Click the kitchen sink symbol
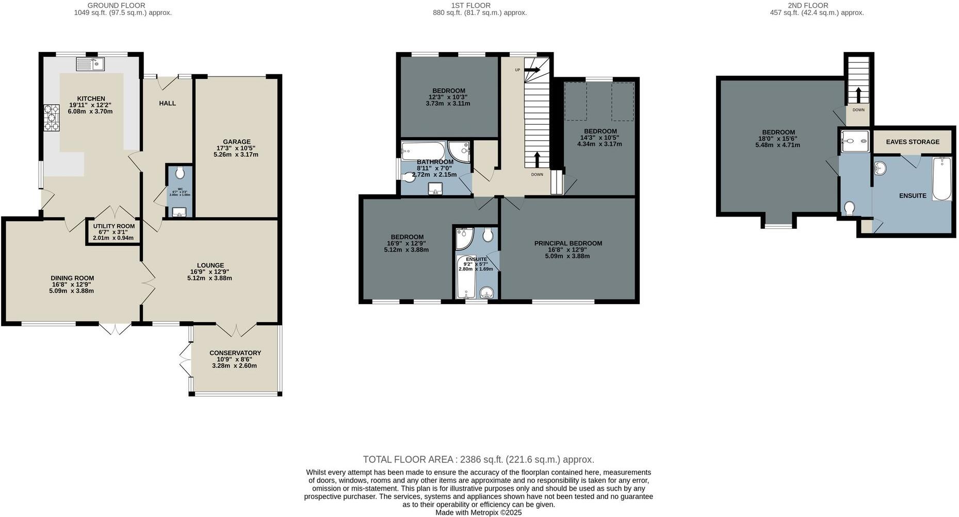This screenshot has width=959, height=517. (x=90, y=64)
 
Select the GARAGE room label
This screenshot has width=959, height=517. (x=237, y=142)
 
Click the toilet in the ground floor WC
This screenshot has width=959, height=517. (x=179, y=172)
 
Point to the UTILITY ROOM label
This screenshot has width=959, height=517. (x=113, y=226)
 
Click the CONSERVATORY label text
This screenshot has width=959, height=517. (x=235, y=353)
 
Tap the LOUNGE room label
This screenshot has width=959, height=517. (x=210, y=265)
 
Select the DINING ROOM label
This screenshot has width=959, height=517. (x=73, y=278)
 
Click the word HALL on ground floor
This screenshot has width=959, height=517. (x=167, y=103)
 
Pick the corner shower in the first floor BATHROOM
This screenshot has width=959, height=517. (x=459, y=151)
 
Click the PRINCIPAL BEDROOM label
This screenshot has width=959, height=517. (x=568, y=243)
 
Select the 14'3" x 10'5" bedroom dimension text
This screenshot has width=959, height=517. (x=599, y=138)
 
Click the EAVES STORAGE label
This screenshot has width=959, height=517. (x=913, y=142)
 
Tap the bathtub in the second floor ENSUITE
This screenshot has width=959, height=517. (x=941, y=179)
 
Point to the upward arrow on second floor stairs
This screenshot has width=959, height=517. (x=858, y=95)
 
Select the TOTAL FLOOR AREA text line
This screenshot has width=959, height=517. (x=478, y=459)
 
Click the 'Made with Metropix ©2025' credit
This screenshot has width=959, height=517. (x=478, y=512)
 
